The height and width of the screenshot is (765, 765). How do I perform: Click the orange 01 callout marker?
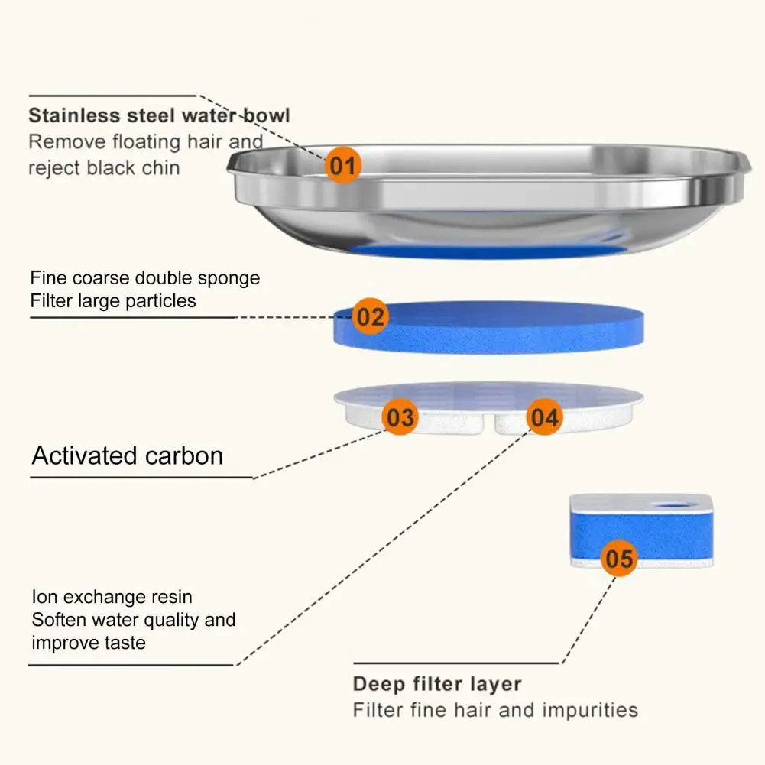(x=343, y=165)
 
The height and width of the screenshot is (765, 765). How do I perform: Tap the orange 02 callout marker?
(x=370, y=316)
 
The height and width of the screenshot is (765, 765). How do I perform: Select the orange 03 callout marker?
(x=400, y=417)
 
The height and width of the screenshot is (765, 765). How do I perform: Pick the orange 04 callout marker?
(x=545, y=417)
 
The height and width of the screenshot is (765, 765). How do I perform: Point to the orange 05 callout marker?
(x=619, y=559)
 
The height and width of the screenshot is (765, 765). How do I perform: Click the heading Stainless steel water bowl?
(x=159, y=116)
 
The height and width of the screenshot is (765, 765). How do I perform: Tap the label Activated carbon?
(x=128, y=456)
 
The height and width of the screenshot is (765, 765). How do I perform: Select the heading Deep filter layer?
(x=437, y=684)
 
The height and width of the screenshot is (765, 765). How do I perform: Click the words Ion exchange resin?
(x=112, y=596)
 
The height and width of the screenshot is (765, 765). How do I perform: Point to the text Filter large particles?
(x=113, y=301)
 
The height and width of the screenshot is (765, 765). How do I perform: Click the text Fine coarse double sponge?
(x=145, y=277)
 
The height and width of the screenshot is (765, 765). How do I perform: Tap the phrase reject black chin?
(x=104, y=167)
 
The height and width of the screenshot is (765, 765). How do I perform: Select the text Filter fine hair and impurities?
(x=495, y=710)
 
